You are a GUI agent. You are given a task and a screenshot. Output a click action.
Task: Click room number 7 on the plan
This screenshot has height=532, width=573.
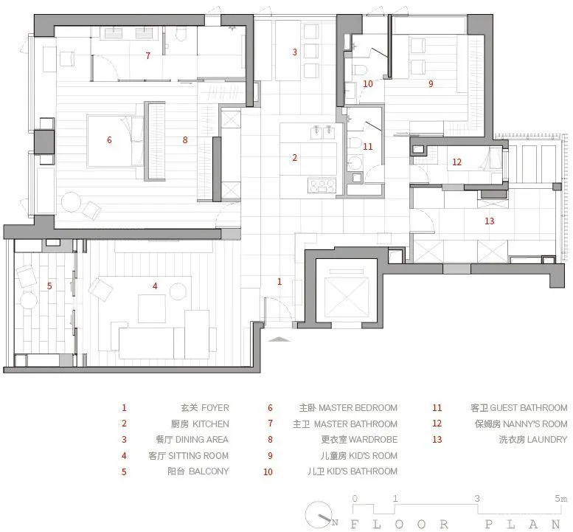(148, 55)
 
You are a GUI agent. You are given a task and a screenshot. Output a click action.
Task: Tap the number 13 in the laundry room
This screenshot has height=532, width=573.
(490, 221)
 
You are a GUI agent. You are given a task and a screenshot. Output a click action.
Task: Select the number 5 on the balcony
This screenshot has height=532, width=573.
(49, 286)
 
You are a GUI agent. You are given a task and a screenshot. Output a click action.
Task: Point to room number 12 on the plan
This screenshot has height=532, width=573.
(456, 162)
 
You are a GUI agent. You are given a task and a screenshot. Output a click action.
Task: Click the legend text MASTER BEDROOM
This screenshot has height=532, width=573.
(358, 408)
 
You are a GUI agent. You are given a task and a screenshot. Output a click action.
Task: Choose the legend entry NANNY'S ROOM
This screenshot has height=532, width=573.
(535, 424)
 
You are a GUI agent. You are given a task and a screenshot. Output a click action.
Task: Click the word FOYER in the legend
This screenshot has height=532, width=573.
(215, 408)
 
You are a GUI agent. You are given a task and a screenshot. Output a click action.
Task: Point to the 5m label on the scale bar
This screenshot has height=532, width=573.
(561, 498)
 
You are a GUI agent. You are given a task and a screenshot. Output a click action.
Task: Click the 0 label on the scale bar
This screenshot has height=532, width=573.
(355, 498)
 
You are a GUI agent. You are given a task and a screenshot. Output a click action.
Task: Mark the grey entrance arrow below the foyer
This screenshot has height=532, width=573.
(279, 339)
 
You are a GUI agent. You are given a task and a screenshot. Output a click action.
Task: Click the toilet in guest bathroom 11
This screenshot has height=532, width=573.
(354, 142)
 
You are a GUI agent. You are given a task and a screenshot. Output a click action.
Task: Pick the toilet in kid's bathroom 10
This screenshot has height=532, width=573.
(361, 69)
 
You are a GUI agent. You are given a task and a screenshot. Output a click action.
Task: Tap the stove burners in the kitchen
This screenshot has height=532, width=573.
(322, 185)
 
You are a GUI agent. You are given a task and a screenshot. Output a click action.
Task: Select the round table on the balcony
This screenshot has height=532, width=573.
(29, 300)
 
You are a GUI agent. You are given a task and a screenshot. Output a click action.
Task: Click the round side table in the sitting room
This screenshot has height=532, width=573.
(178, 291)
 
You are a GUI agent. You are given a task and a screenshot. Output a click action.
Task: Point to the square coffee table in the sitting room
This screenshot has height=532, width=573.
(152, 308)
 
